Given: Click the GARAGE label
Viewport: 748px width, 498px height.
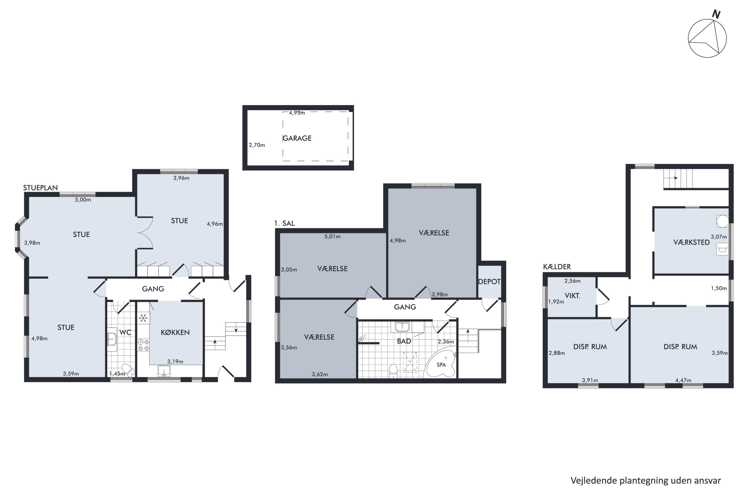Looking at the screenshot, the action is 297,138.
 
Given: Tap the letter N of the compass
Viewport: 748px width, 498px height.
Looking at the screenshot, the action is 716,14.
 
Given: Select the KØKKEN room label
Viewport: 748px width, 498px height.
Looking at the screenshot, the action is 175,332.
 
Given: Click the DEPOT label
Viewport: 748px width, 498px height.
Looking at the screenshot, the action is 489,281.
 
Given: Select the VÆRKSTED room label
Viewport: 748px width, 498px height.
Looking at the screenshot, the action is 691,242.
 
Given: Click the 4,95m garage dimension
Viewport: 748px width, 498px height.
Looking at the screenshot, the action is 297,113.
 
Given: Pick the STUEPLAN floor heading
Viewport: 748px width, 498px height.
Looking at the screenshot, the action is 40,188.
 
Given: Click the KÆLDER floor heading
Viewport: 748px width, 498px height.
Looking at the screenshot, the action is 557,267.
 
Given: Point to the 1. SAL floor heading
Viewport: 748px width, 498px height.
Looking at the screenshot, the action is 284,223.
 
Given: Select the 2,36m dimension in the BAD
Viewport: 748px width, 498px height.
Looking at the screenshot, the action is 446,342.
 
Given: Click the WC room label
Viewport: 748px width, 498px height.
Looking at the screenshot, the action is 125,332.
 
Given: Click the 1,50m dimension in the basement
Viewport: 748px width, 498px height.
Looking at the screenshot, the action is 719,288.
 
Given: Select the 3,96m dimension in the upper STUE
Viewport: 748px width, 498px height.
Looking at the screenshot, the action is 181,178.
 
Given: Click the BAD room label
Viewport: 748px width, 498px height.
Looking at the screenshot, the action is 404,341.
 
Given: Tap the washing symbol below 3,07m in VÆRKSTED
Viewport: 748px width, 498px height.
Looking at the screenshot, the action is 722,249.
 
